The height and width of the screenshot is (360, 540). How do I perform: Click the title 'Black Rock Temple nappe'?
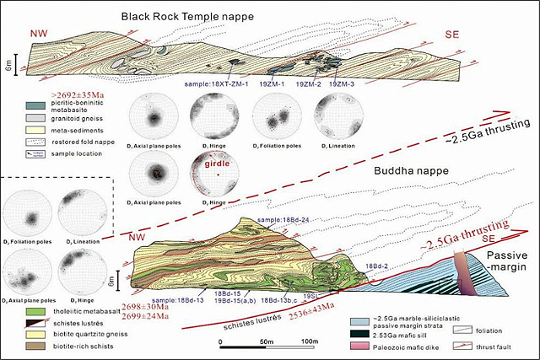[x=186, y=16]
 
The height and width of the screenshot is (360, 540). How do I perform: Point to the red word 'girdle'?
[x=206, y=165]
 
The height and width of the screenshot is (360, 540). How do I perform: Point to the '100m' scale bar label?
[x=310, y=341]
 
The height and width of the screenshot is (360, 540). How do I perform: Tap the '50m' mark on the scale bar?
[x=265, y=341]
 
